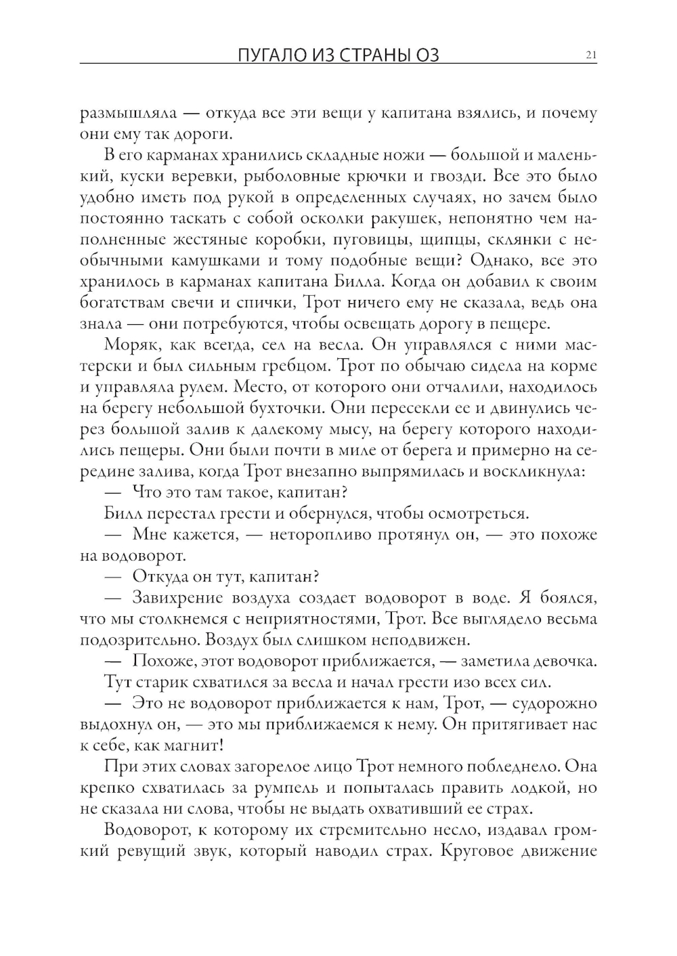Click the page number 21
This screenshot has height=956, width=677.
[590, 56]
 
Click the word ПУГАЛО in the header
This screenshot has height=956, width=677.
[265, 56]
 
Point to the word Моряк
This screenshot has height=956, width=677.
[127, 345]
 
